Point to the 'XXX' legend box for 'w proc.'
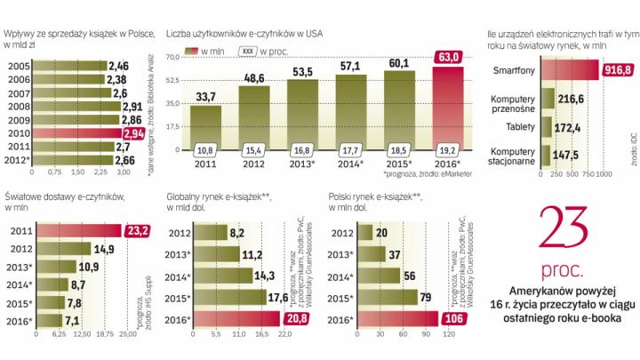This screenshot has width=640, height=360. [250, 52]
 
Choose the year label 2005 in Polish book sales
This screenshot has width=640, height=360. [20, 66]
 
